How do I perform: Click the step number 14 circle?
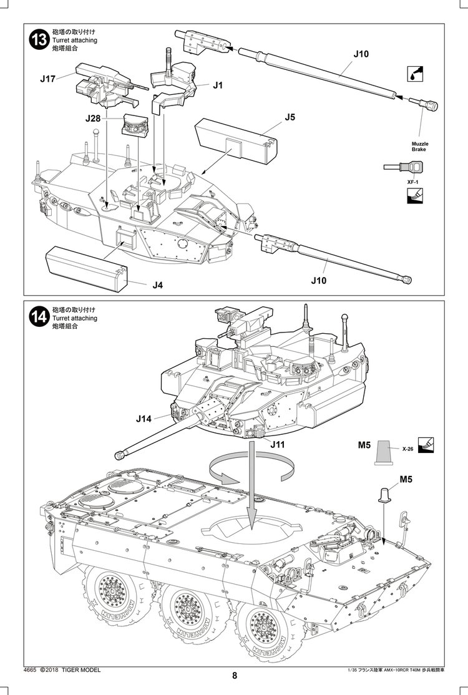(x=39, y=317)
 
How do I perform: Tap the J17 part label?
(x=48, y=79)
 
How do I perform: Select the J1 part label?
(x=217, y=86)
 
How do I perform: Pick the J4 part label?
(x=157, y=284)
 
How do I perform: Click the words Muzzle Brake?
(x=419, y=147)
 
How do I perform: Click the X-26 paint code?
(x=408, y=449)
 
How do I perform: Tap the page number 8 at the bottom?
(x=234, y=676)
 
